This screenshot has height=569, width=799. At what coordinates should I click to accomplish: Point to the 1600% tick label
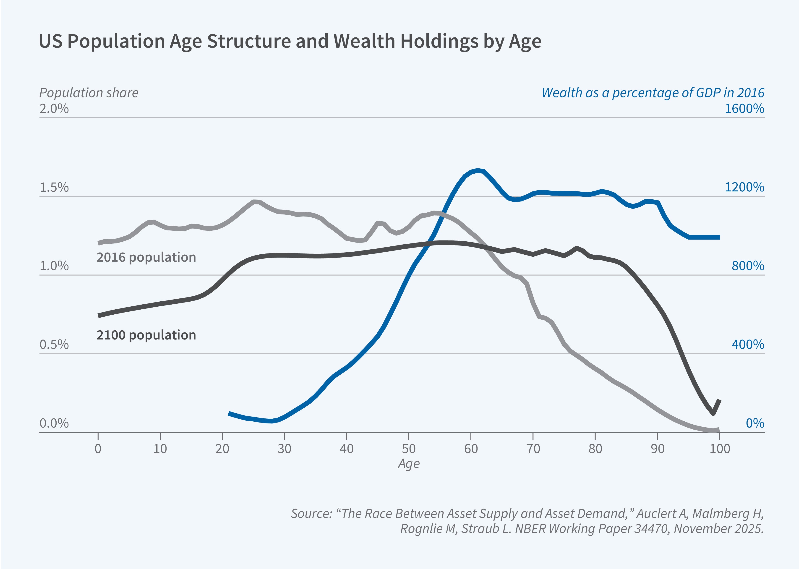pyautogui.click(x=744, y=109)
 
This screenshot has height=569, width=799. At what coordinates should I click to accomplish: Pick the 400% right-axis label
pyautogui.click(x=747, y=345)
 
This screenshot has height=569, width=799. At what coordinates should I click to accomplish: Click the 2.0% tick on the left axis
pyautogui.click(x=54, y=109)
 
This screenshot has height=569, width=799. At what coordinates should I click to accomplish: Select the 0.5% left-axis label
pyautogui.click(x=54, y=345)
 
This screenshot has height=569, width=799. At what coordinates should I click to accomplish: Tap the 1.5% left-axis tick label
pyautogui.click(x=54, y=188)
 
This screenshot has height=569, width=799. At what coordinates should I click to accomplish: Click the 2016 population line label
pyautogui.click(x=146, y=257)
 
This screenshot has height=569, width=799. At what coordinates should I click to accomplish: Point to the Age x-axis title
pyautogui.click(x=408, y=464)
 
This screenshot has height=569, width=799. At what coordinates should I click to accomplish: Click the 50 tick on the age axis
pyautogui.click(x=408, y=449)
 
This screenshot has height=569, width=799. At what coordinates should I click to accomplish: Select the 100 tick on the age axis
pyautogui.click(x=719, y=449)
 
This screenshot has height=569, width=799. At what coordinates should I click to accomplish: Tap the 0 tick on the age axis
pyautogui.click(x=98, y=449)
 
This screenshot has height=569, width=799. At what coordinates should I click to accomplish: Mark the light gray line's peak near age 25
pyautogui.click(x=255, y=202)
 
